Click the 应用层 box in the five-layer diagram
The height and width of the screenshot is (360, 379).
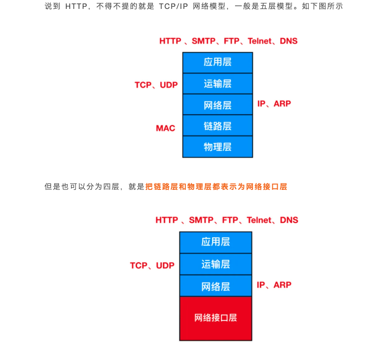(217, 62)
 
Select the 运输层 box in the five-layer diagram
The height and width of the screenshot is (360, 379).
(217, 84)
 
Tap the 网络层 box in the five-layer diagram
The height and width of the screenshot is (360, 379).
(217, 105)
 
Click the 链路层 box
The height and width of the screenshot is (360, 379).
(217, 126)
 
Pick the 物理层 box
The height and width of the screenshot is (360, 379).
(217, 147)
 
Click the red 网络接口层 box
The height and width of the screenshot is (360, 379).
(215, 318)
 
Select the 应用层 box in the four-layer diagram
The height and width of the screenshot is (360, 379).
(215, 242)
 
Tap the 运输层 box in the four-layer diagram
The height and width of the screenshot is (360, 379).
(215, 264)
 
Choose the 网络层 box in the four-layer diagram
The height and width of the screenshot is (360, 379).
(215, 286)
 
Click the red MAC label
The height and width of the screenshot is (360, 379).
(166, 128)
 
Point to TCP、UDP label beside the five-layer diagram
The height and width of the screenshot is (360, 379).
(156, 85)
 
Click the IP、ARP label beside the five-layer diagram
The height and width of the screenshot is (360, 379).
(274, 103)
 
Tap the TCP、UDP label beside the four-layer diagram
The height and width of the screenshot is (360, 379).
(152, 266)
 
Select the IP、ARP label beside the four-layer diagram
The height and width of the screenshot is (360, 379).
(274, 285)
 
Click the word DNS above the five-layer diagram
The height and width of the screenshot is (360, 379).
(289, 41)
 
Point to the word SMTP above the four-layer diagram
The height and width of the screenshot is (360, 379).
(201, 220)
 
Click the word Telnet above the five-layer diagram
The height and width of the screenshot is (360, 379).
(260, 41)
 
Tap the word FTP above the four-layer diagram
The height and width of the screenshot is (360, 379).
(230, 220)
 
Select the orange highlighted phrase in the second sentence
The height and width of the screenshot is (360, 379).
(216, 187)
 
